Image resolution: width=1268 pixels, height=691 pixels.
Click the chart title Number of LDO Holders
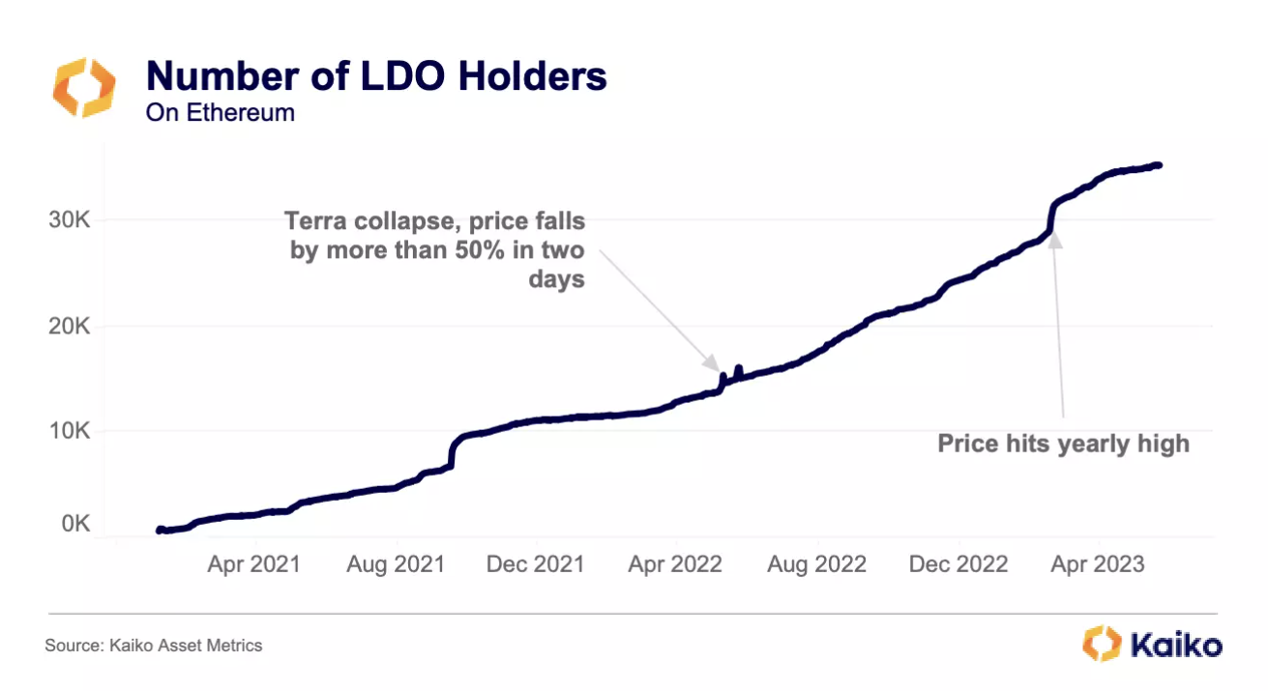click(375, 76)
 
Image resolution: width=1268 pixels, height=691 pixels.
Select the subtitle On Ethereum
click(220, 112)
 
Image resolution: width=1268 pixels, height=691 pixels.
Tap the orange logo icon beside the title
click(83, 88)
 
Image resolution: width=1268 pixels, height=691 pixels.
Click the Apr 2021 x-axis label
click(253, 564)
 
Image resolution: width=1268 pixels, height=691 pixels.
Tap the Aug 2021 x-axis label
click(395, 564)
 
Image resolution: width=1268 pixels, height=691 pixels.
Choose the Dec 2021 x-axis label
click(535, 564)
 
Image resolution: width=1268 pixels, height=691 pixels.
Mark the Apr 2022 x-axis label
click(675, 564)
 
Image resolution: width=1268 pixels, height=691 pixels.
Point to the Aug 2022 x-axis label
click(816, 564)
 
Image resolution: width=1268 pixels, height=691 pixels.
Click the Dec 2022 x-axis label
click(958, 564)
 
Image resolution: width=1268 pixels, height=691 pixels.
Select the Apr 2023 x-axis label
click(1097, 564)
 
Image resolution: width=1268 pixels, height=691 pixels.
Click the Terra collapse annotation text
click(434, 250)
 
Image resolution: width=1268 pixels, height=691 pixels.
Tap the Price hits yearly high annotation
click(1063, 445)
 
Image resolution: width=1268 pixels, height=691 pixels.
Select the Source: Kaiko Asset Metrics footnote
click(154, 645)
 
